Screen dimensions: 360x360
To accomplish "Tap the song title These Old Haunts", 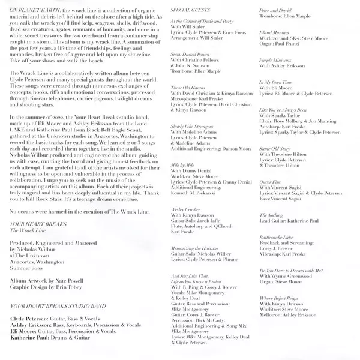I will click(187, 88).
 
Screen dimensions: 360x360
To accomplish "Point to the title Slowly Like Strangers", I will click(191, 127).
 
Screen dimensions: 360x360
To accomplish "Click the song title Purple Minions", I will click(273, 60).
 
